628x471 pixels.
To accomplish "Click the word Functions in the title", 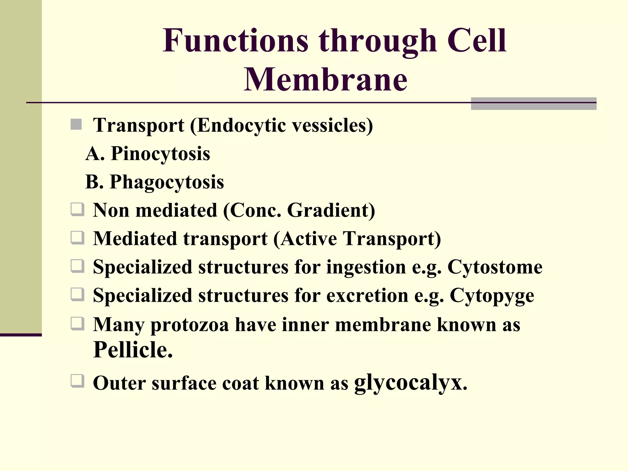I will pyautogui.click(x=235, y=40).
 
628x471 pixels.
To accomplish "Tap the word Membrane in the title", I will pyautogui.click(x=325, y=79).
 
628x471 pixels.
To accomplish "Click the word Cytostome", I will pyautogui.click(x=495, y=267).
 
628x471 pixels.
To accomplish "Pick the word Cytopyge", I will pyautogui.click(x=492, y=296).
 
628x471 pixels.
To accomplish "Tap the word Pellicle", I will pyautogui.click(x=133, y=350).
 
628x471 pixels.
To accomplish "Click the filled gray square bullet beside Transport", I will pyautogui.click(x=76, y=125).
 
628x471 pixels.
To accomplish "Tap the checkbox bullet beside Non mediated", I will pyautogui.click(x=77, y=210).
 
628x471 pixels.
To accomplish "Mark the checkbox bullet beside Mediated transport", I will pyautogui.click(x=77, y=238).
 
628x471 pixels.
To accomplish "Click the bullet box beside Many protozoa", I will pyautogui.click(x=77, y=324).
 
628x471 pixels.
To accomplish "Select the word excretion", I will pyautogui.click(x=367, y=296).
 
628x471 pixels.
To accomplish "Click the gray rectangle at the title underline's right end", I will pyautogui.click(x=533, y=103).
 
